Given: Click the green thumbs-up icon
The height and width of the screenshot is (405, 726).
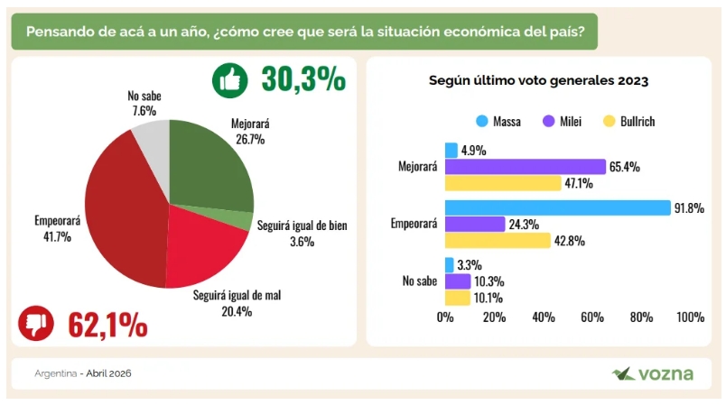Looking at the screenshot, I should click(230, 80).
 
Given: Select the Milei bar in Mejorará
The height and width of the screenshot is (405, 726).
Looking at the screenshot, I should click(525, 167).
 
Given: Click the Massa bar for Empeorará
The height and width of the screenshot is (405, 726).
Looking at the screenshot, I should click(557, 207).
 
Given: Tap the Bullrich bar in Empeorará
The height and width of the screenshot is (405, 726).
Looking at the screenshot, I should click(498, 241).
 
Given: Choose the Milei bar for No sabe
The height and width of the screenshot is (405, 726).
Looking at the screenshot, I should click(458, 281).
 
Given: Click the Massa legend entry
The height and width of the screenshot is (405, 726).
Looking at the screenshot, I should click(500, 121).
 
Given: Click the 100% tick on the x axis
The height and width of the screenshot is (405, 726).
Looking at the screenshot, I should click(691, 318).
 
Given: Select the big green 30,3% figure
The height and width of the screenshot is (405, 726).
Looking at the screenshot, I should click(302, 79).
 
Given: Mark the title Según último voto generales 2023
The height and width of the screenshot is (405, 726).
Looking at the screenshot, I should click(538, 80).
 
